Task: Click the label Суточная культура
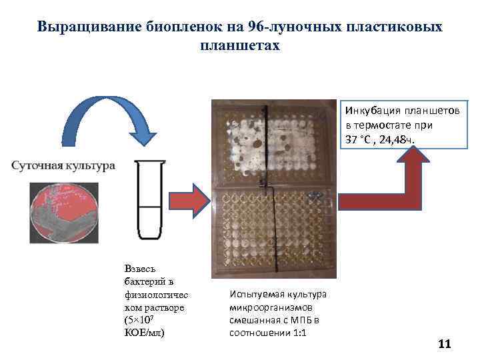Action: pos(63,165)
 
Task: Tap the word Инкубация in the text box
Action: pos(369,109)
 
